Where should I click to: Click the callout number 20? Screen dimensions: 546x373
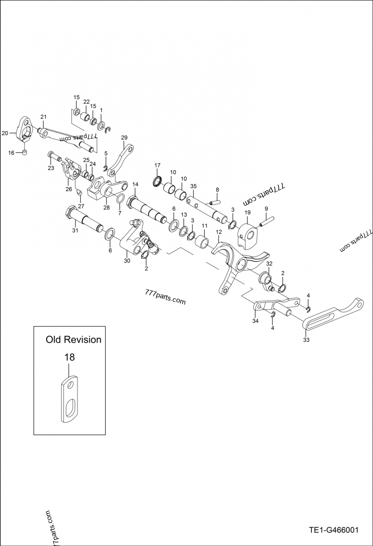coord(5,133)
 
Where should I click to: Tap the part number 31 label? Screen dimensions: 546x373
coord(75,230)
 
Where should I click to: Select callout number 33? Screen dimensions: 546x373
coord(306,340)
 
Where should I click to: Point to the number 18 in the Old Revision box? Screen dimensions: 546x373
coord(69,357)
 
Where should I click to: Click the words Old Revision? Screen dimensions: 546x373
coord(73,340)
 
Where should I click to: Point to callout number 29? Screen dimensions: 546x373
coord(124,137)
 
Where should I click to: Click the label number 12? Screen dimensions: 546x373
coord(219,232)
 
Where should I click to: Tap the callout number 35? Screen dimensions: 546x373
coord(193,185)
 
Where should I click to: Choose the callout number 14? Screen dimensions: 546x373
coord(135,184)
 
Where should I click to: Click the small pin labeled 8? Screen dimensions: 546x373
coord(214,202)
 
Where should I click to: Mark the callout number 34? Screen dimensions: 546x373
coord(255,321)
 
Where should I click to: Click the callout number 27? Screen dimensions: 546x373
coord(81,206)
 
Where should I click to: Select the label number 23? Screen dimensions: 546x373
coord(51,169)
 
